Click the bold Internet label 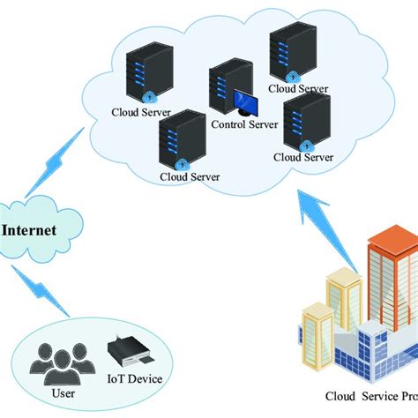29,231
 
